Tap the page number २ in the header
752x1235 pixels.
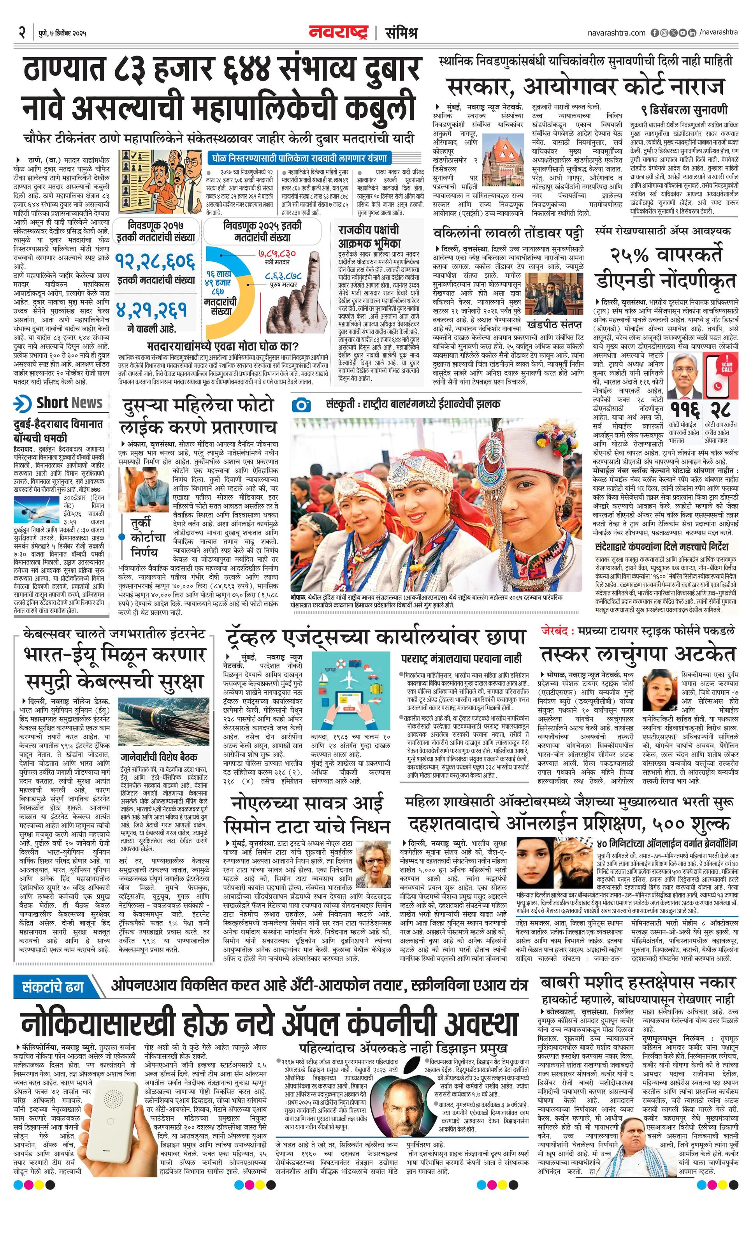tap(23, 33)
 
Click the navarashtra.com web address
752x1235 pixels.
tap(616, 33)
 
